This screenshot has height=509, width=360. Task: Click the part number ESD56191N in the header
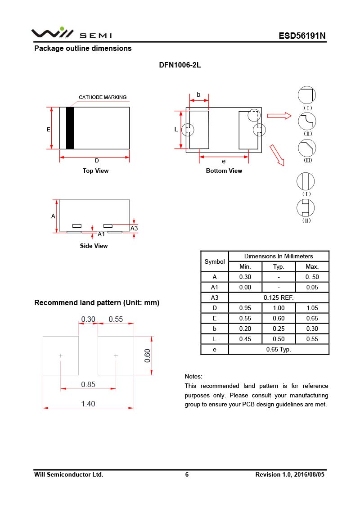tap(302, 36)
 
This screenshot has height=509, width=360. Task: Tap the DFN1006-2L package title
tap(180, 65)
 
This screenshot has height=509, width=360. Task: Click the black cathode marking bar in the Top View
tap(70, 128)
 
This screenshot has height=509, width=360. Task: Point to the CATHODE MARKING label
tap(103, 97)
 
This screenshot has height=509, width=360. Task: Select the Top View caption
tap(95, 171)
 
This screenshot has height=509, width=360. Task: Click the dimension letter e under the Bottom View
tap(224, 162)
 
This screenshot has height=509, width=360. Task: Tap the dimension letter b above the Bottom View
tap(198, 95)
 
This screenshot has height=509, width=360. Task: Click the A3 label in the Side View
tap(134, 229)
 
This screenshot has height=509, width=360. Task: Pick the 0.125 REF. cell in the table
tap(279, 297)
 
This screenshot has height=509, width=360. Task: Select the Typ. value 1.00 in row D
tap(279, 308)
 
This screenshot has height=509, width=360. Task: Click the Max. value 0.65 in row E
tap(312, 318)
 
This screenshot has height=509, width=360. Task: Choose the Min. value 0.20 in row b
tap(245, 329)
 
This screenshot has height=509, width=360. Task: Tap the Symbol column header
tap(215, 261)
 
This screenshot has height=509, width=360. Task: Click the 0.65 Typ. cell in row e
tap(279, 349)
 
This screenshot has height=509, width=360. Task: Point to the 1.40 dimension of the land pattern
tap(88, 404)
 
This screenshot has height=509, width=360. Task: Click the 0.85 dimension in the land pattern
tap(88, 384)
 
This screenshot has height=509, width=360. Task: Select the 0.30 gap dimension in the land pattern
tap(88, 319)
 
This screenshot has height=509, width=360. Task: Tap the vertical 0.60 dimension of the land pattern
tap(147, 356)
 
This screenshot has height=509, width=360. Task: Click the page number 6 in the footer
tap(187, 474)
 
